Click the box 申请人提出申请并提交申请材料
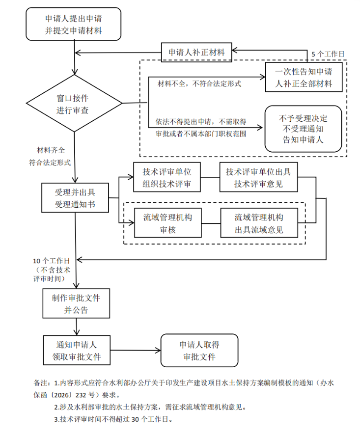pos(74,24)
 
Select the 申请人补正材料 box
pos(196,52)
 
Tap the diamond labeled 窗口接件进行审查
pos(74,103)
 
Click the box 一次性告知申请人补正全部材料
pos(304,77)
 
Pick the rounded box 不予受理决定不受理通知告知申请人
pos(303,129)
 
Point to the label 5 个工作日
pos(328,54)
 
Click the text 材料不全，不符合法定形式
pos(199,83)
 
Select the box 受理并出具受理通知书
pos(75,198)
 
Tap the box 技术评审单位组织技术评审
pos(167,177)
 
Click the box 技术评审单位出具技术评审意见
pos(258,177)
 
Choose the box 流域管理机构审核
pos(167,223)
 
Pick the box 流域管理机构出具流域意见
pos(259,223)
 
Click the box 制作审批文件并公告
pos(76,303)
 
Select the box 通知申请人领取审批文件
pos(77,350)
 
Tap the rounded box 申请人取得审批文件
pos(199,351)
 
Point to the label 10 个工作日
pos(52,261)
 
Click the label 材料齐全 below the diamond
pos(51,150)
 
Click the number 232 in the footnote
pos(81,395)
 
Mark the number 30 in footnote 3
pos(135,419)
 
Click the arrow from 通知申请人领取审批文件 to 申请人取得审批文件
pos(136,351)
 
